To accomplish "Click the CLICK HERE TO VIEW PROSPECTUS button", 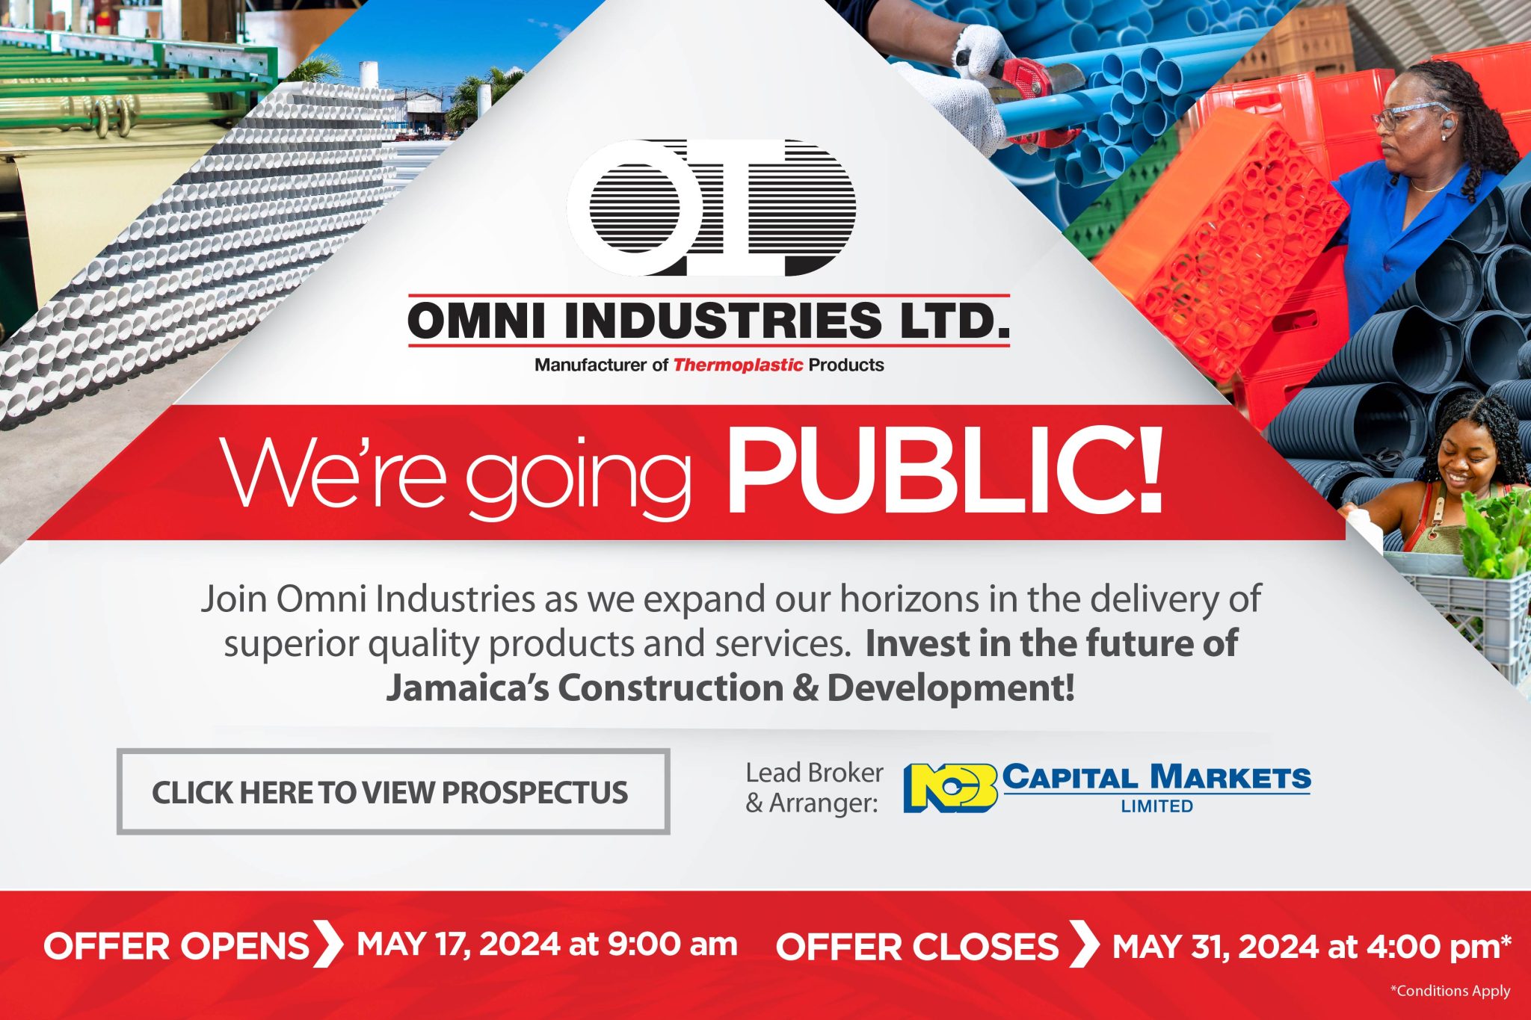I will (x=392, y=792).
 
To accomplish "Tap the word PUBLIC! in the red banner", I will (x=945, y=473).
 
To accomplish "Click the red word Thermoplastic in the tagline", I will (x=738, y=365).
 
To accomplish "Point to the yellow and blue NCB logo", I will (x=950, y=788).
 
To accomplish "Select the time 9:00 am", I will (x=672, y=945).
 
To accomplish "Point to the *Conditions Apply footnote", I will (x=1450, y=992).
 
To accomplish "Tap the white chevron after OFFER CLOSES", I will (x=1083, y=945).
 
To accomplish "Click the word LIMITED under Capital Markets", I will (x=1156, y=806).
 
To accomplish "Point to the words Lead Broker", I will (x=814, y=773).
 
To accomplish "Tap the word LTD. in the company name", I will (x=954, y=321).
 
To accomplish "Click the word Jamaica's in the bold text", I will (x=467, y=688).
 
